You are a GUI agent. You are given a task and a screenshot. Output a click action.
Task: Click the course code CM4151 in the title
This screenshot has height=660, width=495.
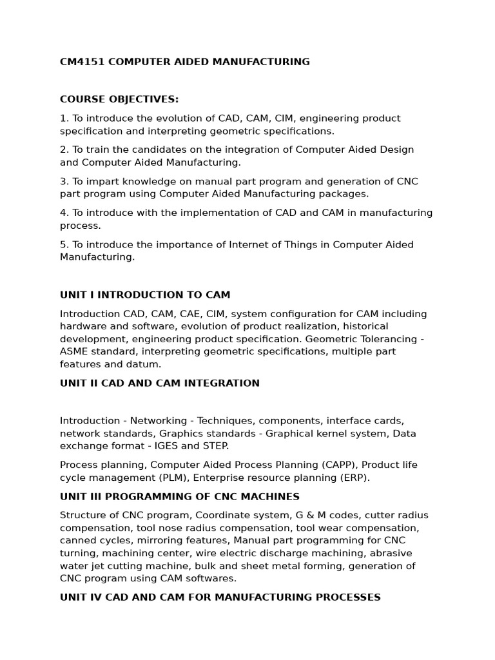[x=82, y=62]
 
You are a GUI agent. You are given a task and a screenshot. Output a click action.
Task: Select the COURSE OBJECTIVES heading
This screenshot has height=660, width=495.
[x=119, y=99]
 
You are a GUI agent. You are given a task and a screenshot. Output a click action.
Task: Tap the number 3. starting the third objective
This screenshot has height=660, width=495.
[x=64, y=181]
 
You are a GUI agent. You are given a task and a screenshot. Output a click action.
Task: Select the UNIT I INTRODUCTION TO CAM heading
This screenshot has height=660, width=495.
[x=145, y=295]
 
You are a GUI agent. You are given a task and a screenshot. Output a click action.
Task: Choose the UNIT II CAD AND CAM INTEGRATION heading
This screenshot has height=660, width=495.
[x=160, y=383]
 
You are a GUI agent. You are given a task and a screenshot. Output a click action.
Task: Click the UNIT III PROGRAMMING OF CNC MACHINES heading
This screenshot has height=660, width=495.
[x=180, y=496]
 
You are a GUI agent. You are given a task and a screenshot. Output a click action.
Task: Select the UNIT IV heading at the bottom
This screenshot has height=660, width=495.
[x=220, y=597]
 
